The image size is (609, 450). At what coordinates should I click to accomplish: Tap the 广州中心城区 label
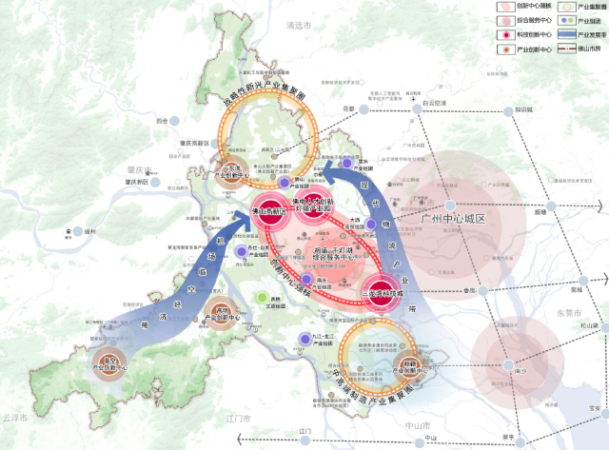pos(452,219)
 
